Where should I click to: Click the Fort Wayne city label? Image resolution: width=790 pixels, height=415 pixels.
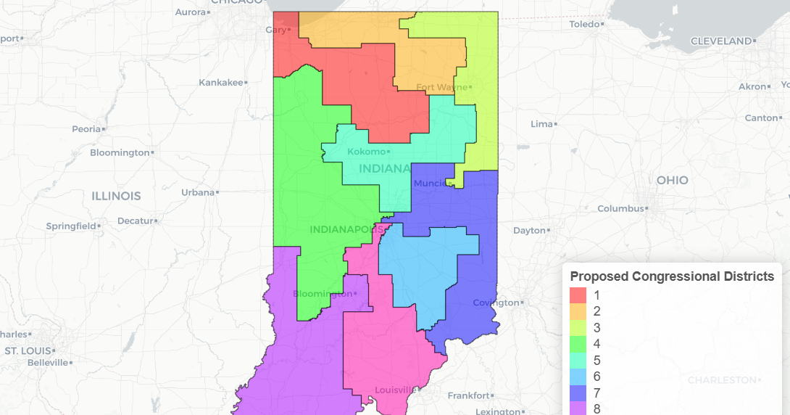[442, 87]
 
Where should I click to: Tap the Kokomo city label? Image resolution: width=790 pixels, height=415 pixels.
[367, 152]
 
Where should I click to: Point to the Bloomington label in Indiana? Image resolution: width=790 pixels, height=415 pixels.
[323, 294]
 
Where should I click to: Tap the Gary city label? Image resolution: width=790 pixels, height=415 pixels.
[275, 30]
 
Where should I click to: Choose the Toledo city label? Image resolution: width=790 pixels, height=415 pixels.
[586, 24]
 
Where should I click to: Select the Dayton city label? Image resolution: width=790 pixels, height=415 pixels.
[528, 230]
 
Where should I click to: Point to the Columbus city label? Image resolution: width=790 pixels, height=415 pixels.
[620, 208]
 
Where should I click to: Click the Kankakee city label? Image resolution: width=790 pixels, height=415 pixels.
[220, 83]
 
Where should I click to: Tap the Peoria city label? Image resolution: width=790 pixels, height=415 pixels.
[86, 128]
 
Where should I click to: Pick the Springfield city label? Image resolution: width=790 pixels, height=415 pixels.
[70, 226]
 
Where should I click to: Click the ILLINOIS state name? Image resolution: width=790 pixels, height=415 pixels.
[116, 196]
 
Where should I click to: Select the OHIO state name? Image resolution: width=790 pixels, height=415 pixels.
[672, 180]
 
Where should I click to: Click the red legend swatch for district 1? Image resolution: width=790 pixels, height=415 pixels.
[578, 295]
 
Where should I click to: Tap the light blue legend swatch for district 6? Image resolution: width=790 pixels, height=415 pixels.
[578, 377]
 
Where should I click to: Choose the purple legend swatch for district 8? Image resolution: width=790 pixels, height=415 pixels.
[578, 408]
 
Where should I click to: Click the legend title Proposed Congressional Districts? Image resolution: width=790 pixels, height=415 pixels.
[672, 276]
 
